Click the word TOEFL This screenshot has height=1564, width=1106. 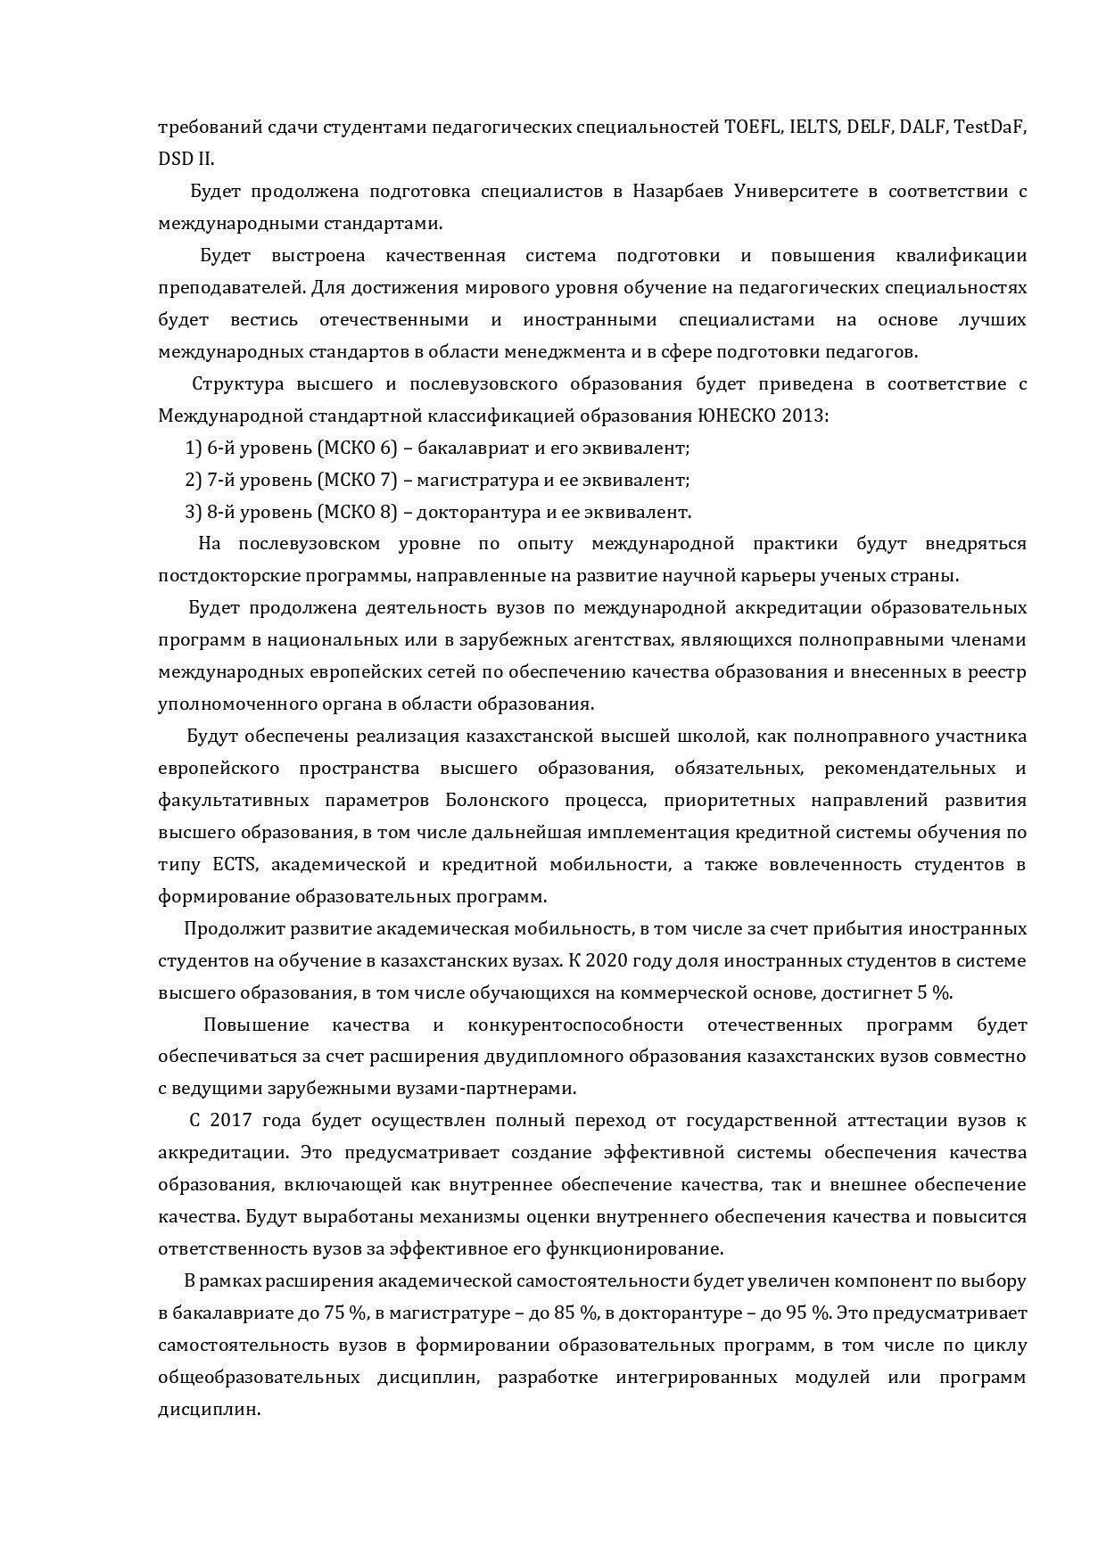click(x=752, y=128)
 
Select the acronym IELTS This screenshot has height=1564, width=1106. click(x=813, y=128)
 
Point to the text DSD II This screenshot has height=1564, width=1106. click(x=186, y=160)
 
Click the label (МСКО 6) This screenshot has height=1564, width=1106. click(x=357, y=449)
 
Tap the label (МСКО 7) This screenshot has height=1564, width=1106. click(x=357, y=481)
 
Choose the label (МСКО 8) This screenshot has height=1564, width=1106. click(x=357, y=513)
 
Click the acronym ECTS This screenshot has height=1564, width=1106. click(x=235, y=865)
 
